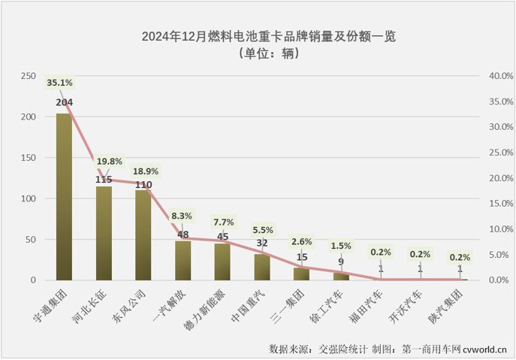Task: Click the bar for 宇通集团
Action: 64,197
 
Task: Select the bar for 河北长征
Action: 104,233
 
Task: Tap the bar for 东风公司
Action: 143,234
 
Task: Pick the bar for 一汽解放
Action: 183,260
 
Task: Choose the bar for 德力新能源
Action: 222,262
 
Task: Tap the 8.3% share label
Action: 182,216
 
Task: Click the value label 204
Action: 64,102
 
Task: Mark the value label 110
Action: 143,184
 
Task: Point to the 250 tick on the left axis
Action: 28,76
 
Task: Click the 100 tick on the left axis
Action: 28,198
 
